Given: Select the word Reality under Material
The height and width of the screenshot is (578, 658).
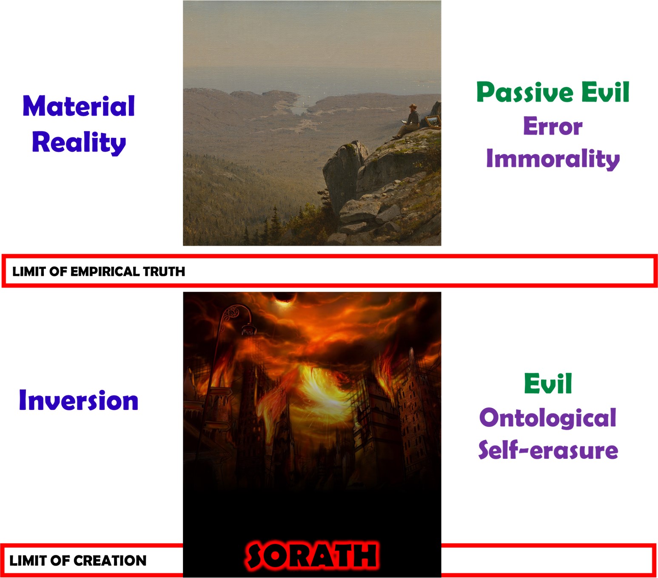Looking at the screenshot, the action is tap(79, 143).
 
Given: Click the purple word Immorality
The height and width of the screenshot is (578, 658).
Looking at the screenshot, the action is tap(553, 159).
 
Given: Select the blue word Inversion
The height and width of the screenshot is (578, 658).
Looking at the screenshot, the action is tap(79, 400).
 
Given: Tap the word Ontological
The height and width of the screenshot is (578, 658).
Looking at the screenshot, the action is tap(547, 418).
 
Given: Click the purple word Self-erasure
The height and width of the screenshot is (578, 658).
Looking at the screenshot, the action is tap(548, 450).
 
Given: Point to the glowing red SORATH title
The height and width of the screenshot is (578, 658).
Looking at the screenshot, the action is tap(312, 555).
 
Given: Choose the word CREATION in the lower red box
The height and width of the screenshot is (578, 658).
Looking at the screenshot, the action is tap(110, 561).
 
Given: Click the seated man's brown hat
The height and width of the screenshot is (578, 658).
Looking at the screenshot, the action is tap(413, 106).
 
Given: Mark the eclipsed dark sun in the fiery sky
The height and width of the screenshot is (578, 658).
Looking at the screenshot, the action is tap(284, 298).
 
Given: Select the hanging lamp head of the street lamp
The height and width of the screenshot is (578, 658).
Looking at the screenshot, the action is tap(249, 329).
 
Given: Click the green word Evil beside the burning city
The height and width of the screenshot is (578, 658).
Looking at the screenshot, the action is tap(548, 383).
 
